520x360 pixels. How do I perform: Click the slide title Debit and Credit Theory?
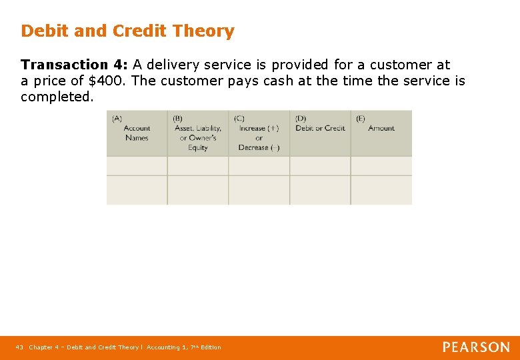click(127, 31)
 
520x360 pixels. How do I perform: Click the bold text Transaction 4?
click(74, 65)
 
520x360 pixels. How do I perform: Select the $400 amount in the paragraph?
click(108, 81)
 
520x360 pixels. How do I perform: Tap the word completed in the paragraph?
click(56, 97)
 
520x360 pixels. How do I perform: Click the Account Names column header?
click(137, 133)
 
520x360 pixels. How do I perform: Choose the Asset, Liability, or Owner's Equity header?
click(197, 138)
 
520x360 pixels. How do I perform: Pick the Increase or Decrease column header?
click(259, 138)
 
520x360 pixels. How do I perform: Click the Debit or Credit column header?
click(320, 128)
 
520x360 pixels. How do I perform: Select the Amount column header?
click(381, 128)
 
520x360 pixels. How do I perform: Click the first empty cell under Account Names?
click(137, 166)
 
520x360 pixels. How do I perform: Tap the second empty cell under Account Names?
click(137, 190)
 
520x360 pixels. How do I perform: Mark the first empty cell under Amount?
click(381, 166)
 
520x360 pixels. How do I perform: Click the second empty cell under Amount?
click(381, 190)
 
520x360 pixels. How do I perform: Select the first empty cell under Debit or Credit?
click(320, 166)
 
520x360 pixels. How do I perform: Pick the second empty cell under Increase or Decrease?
click(259, 190)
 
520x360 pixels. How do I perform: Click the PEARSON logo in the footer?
click(476, 347)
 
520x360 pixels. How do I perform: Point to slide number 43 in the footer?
click(19, 347)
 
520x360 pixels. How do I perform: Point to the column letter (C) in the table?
click(239, 119)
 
